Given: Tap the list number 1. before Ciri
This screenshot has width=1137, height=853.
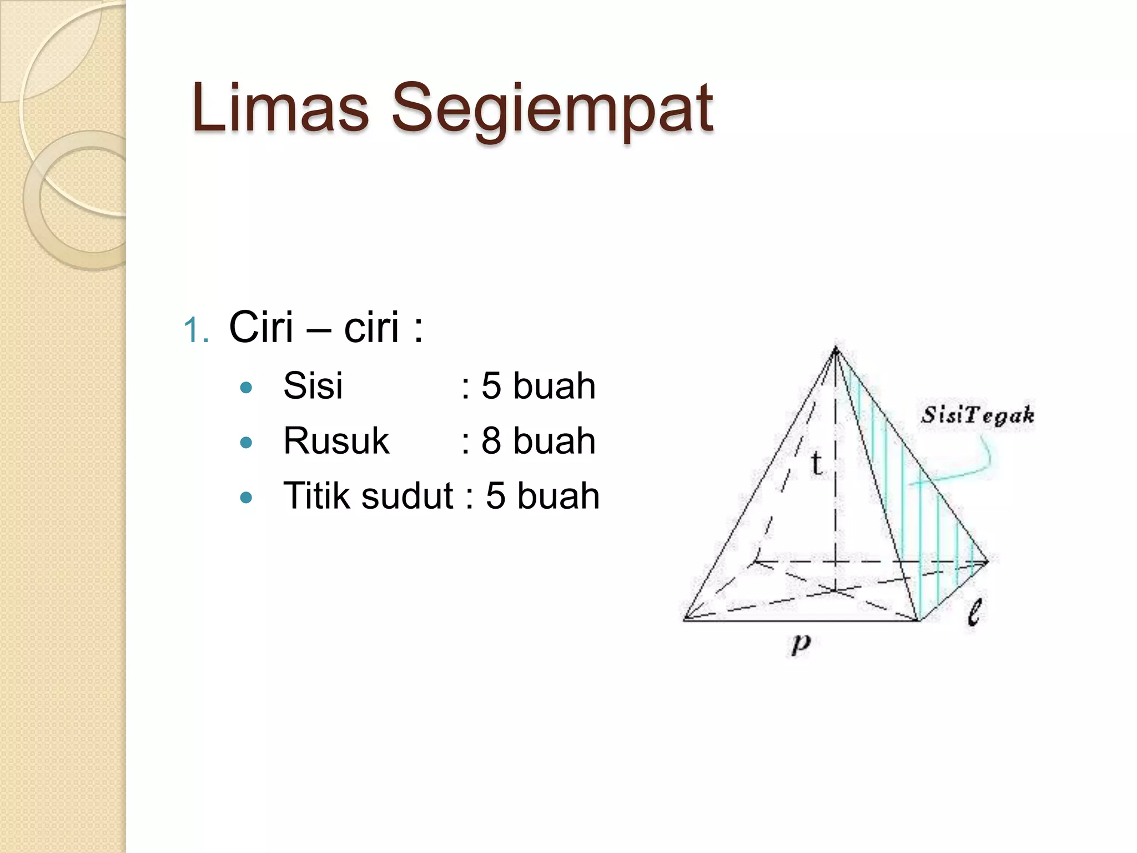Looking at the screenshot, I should tap(196, 330).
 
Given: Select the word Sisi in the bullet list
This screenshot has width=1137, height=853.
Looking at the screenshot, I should tap(313, 385).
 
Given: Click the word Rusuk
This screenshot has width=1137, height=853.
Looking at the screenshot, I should tap(336, 441).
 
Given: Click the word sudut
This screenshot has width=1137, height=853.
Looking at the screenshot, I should tap(407, 495).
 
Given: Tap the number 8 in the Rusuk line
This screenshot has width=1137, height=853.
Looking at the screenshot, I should tap(491, 441).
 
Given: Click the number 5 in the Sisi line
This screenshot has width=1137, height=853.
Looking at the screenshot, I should tap(491, 385).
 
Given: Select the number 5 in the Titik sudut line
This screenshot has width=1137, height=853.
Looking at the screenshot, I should tap(496, 495).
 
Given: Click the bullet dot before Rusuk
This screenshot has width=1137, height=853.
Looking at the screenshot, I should tap(246, 443).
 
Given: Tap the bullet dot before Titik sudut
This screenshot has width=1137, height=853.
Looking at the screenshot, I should tap(246, 497).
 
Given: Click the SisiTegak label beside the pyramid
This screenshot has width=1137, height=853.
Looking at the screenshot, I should tap(978, 415).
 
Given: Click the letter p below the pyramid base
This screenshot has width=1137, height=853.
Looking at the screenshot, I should tap(800, 644).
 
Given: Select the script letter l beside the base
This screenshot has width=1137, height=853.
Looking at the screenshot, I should tap(974, 612).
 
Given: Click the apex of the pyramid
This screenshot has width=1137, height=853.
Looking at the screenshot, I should tap(836, 348).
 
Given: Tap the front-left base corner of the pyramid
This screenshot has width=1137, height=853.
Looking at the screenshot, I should tap(685, 619).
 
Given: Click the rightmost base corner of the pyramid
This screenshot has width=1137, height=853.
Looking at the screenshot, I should tap(988, 561).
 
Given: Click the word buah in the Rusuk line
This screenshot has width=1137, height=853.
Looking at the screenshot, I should tap(554, 441).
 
